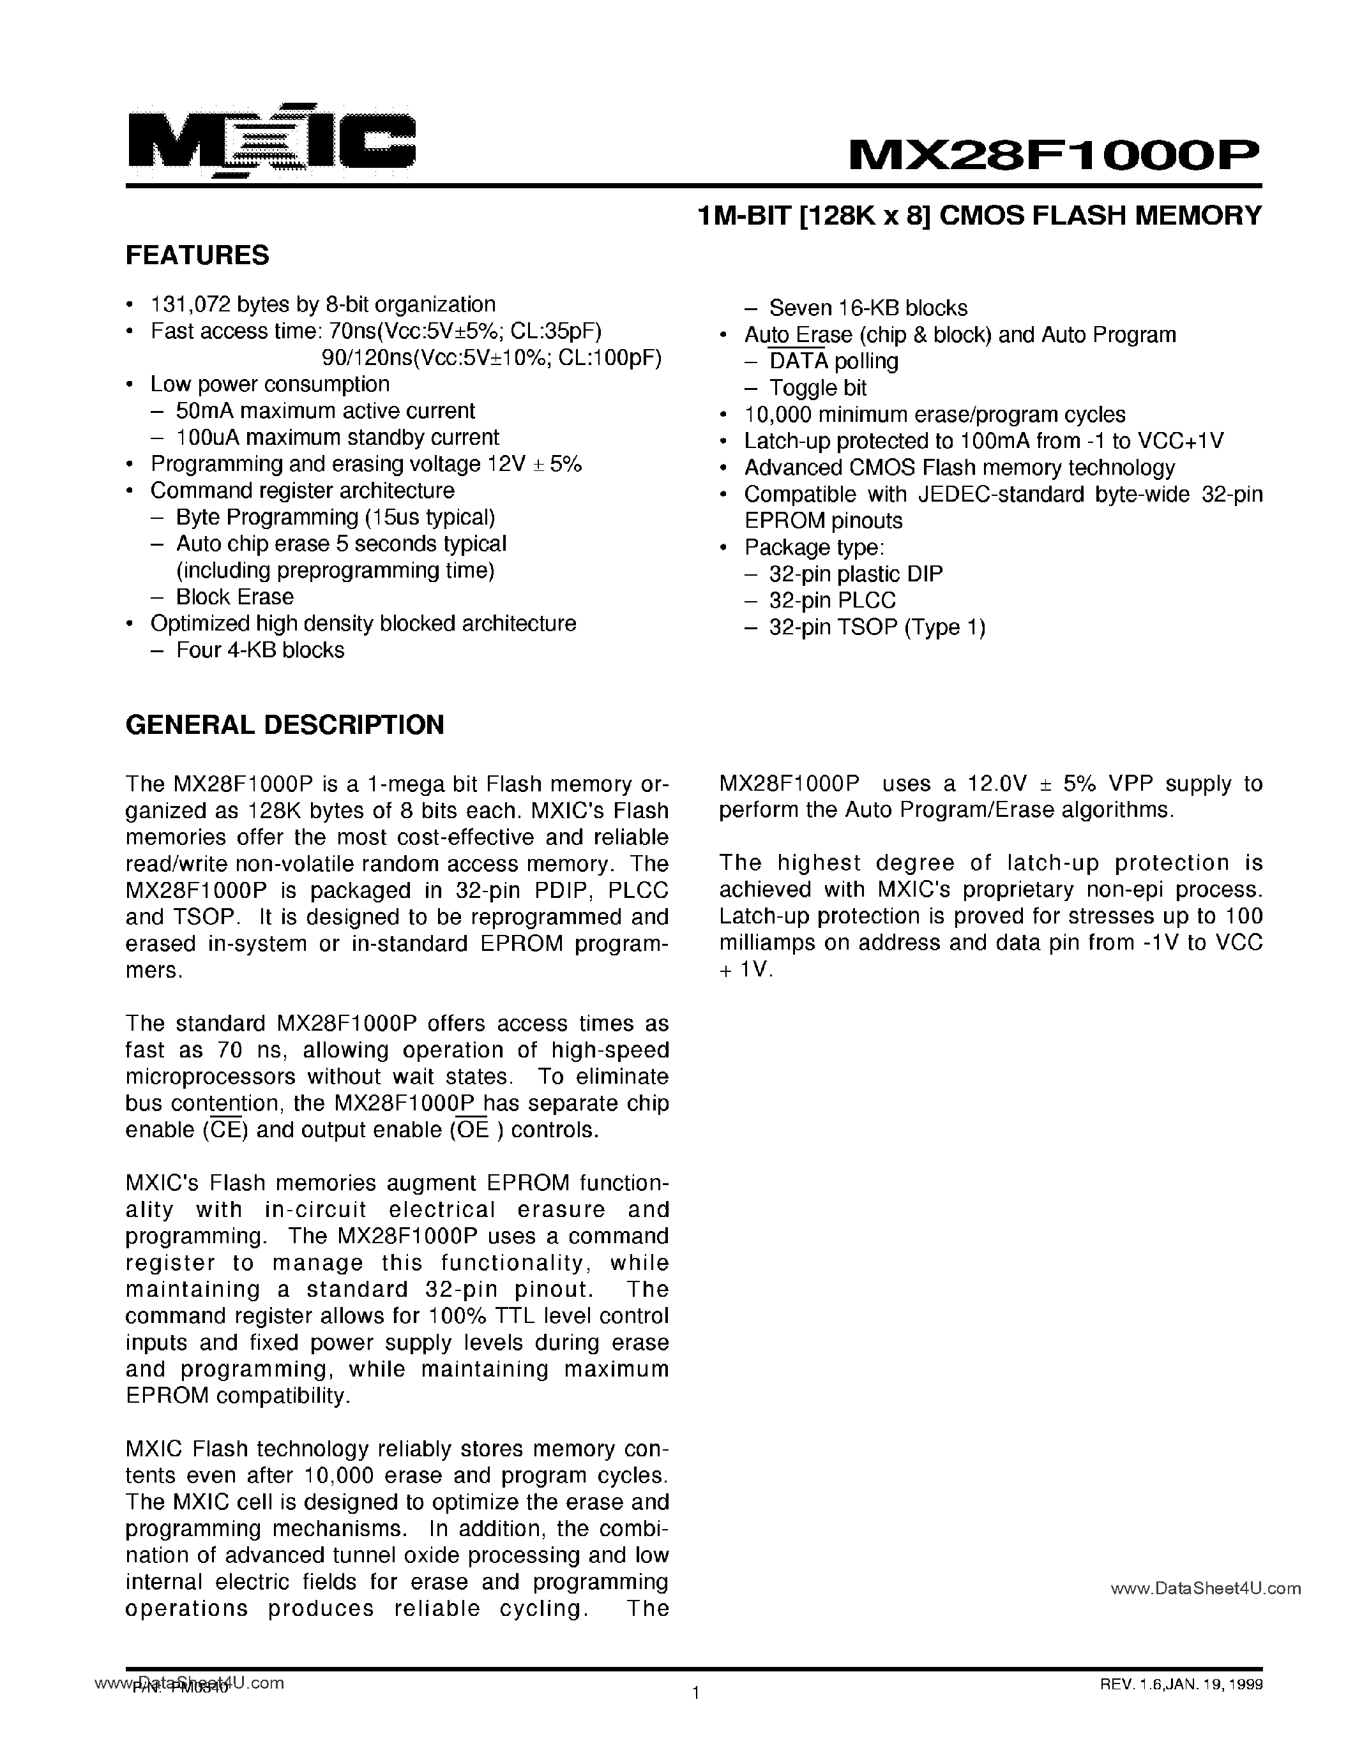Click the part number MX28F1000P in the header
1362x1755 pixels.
[x=1055, y=152]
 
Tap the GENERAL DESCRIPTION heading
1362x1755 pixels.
[x=285, y=724]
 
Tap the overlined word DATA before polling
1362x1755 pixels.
[x=798, y=362]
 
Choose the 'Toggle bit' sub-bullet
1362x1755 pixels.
[x=818, y=388]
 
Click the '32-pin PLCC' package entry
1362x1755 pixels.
[x=832, y=601]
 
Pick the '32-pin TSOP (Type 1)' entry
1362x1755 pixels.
[x=876, y=627]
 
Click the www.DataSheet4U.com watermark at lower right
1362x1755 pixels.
[x=1205, y=1588]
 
